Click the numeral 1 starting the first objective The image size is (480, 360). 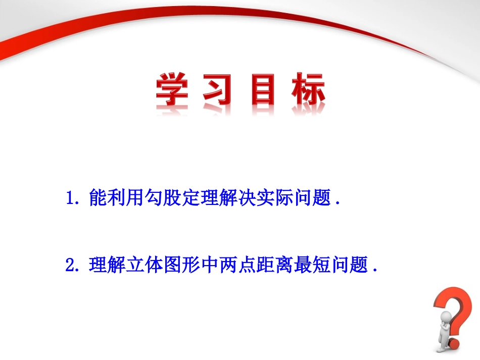(x=70, y=197)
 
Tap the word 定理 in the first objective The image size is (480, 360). (x=200, y=197)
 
